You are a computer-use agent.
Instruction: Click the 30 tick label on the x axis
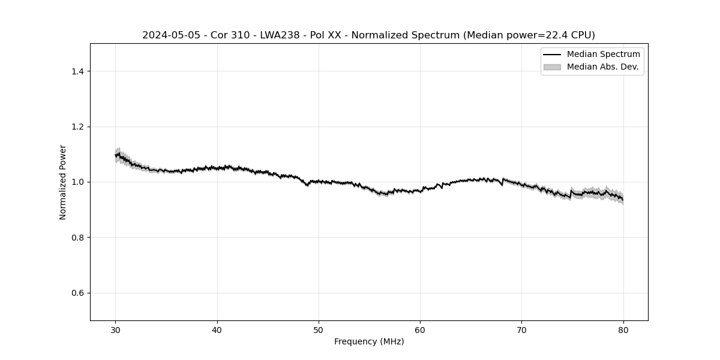116,330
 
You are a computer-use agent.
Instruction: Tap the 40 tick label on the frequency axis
217,330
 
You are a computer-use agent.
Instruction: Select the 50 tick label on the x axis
319,330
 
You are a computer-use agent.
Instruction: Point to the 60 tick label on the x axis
420,330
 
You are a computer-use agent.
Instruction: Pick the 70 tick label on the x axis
521,330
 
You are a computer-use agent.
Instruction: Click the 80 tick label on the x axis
623,330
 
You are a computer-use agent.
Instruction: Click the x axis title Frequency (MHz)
369,341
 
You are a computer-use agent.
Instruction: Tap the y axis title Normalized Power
63,182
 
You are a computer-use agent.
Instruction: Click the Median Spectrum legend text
603,55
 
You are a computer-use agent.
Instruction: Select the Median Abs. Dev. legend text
602,67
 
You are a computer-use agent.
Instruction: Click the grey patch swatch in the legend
552,67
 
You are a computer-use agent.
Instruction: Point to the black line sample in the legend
552,55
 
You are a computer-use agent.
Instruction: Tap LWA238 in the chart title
280,35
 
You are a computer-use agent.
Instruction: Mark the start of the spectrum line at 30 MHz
116,155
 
